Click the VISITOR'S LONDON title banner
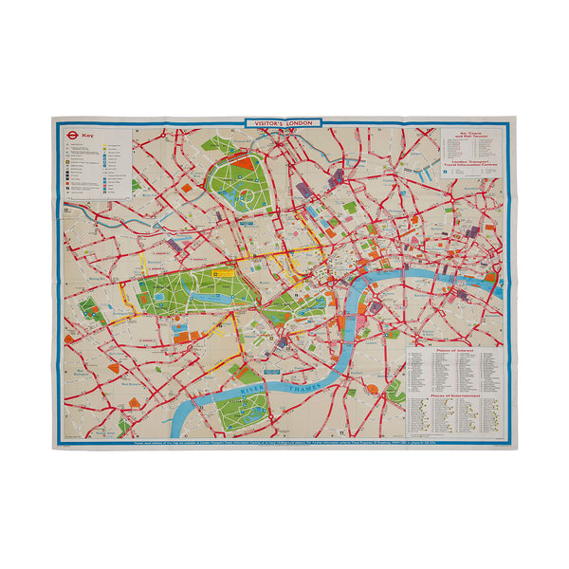[x=284, y=123]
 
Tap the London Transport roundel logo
[x=71, y=136]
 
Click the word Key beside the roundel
[x=90, y=136]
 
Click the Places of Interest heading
[x=453, y=349]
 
